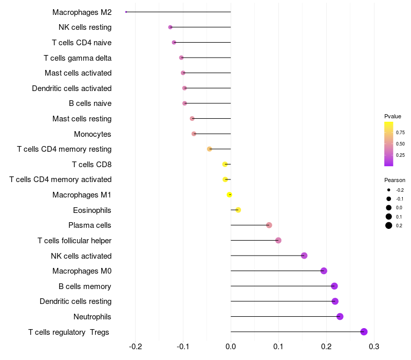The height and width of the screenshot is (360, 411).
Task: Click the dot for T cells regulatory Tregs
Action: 364,332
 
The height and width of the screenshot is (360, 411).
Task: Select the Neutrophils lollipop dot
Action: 340,316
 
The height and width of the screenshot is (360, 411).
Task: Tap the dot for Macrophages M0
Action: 324,271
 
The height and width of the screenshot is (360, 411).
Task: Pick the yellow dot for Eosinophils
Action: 238,210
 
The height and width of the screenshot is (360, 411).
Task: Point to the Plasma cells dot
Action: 269,225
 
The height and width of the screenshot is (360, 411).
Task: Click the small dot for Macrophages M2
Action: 126,12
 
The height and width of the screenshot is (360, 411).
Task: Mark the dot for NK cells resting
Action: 171,27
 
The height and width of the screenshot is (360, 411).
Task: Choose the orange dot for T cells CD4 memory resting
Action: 210,149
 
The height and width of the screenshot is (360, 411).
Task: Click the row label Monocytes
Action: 92,134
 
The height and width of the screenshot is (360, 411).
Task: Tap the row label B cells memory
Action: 85,286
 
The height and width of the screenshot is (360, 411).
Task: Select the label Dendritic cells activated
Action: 72,88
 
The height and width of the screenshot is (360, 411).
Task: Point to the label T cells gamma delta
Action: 78,58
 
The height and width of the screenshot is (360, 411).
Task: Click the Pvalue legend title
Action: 393,116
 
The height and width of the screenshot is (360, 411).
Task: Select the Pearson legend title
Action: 395,180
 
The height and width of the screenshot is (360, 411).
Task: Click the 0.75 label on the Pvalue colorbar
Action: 400,132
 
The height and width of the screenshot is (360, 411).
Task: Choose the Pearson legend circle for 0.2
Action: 389,225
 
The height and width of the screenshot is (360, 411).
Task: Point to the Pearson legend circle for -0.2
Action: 389,190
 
